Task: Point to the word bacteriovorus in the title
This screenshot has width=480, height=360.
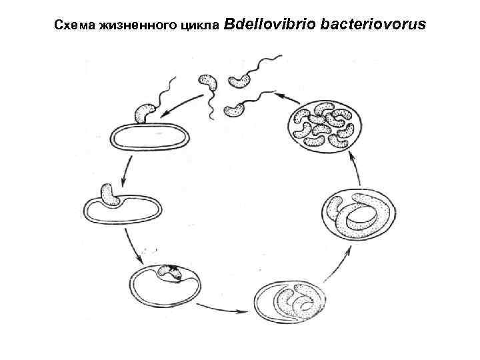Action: pyautogui.click(x=373, y=25)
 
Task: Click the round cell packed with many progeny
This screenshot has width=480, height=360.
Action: pyautogui.click(x=325, y=127)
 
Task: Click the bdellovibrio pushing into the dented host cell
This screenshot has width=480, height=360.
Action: pyautogui.click(x=109, y=194)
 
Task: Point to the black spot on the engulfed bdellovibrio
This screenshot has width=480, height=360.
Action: pyautogui.click(x=175, y=269)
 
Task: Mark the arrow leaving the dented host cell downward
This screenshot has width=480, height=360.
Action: pyautogui.click(x=136, y=247)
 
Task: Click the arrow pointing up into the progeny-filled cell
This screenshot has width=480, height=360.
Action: pyautogui.click(x=360, y=169)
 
